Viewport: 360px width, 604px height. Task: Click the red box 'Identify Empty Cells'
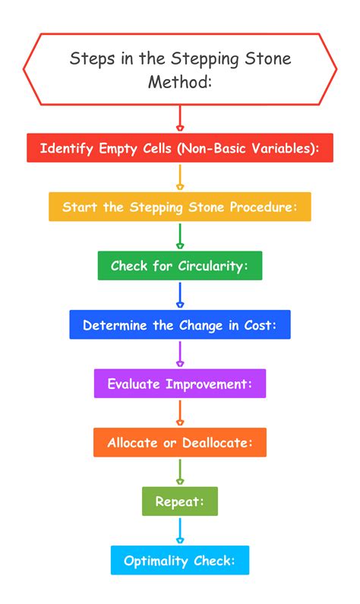click(x=180, y=147)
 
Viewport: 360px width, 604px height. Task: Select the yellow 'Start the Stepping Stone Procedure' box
click(x=180, y=207)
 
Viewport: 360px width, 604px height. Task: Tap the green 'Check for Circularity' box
click(x=180, y=265)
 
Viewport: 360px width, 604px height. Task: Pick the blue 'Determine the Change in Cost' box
click(x=180, y=324)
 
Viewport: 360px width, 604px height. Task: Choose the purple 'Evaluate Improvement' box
click(x=180, y=383)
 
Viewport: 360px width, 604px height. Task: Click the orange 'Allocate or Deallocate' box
click(x=180, y=442)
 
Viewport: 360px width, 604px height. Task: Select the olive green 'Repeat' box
click(x=180, y=501)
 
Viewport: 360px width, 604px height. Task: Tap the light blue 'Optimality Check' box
click(x=180, y=560)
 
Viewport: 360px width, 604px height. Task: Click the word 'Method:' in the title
click(x=180, y=81)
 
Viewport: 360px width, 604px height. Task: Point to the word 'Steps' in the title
click(x=93, y=59)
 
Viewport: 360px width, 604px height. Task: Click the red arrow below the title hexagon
click(x=180, y=118)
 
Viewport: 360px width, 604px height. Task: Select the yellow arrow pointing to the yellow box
click(x=180, y=177)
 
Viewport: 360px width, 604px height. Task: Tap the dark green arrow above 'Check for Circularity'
click(x=180, y=236)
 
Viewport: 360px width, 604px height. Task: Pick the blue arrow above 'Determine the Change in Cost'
click(x=180, y=295)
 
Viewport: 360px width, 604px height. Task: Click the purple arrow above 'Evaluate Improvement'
click(x=180, y=353)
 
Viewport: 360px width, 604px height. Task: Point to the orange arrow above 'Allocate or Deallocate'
click(x=180, y=413)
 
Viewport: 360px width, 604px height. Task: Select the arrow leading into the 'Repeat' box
click(x=180, y=472)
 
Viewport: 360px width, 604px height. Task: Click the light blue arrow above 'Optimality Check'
click(x=180, y=530)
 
